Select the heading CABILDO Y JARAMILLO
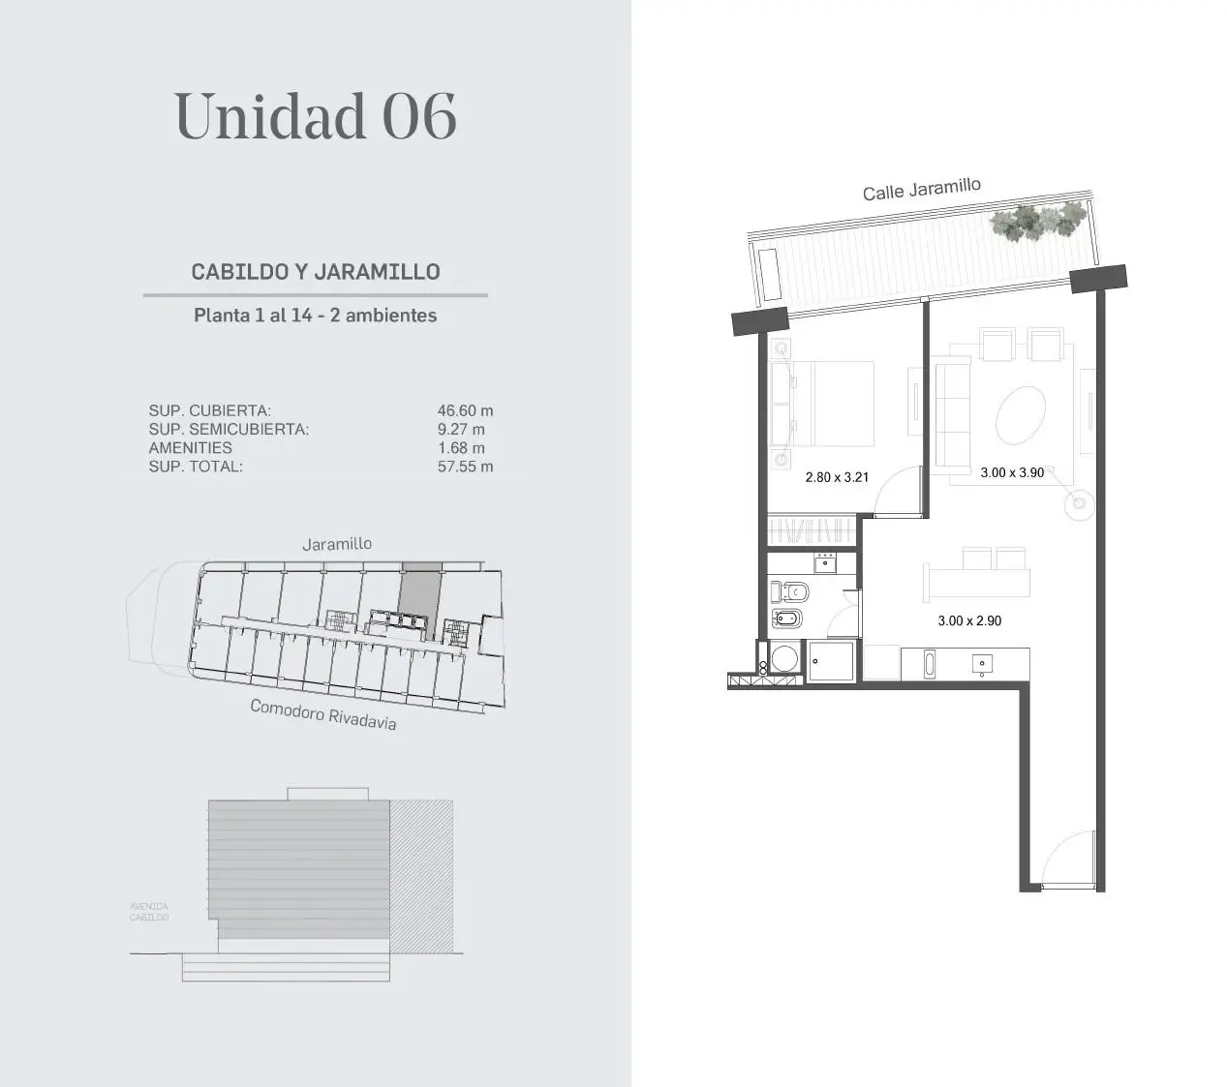click(316, 272)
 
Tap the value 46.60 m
click(465, 410)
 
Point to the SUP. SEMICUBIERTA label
click(229, 429)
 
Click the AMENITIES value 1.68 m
click(461, 448)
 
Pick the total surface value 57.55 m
click(465, 466)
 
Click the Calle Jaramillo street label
click(921, 190)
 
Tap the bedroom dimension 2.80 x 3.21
click(837, 477)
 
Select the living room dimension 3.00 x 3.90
click(1012, 472)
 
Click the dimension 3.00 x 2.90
click(969, 620)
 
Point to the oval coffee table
click(1021, 415)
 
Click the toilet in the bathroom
click(789, 592)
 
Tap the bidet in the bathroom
click(786, 619)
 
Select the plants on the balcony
click(1037, 221)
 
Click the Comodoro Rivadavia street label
click(322, 714)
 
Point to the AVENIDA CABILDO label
click(149, 912)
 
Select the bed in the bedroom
click(821, 404)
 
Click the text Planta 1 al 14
click(253, 316)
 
